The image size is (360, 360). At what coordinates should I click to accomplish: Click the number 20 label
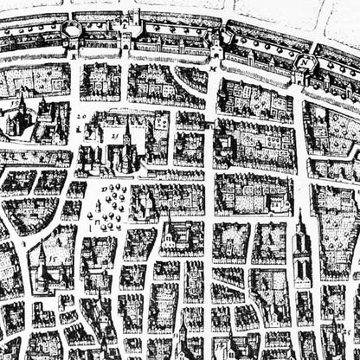pos(81,115)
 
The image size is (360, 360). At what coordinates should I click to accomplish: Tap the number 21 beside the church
pos(112,136)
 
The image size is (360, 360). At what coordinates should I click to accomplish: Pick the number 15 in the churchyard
pos(52,258)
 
